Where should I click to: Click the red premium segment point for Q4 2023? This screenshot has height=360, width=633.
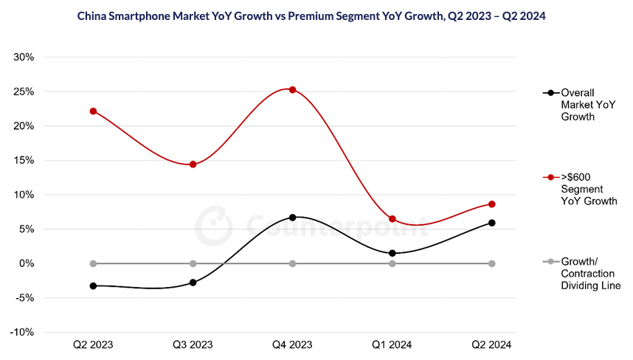pos(293,90)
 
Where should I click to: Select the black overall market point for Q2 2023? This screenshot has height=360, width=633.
pos(93,285)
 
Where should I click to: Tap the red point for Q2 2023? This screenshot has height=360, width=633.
pos(93,111)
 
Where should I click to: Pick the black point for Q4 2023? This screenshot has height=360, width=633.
pos(293,218)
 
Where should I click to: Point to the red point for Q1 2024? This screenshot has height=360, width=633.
pos(392,219)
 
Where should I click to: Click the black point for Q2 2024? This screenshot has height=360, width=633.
pos(492,223)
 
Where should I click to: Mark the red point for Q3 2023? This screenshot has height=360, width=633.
pos(193,165)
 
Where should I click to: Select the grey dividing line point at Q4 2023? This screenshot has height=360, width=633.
pos(293,263)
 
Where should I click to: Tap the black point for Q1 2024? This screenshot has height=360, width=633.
pos(392,253)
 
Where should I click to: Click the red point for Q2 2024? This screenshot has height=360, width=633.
pos(492,204)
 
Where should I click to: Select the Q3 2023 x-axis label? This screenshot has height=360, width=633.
pos(193,345)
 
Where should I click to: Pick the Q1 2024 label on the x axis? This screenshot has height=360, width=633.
pos(392,345)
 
